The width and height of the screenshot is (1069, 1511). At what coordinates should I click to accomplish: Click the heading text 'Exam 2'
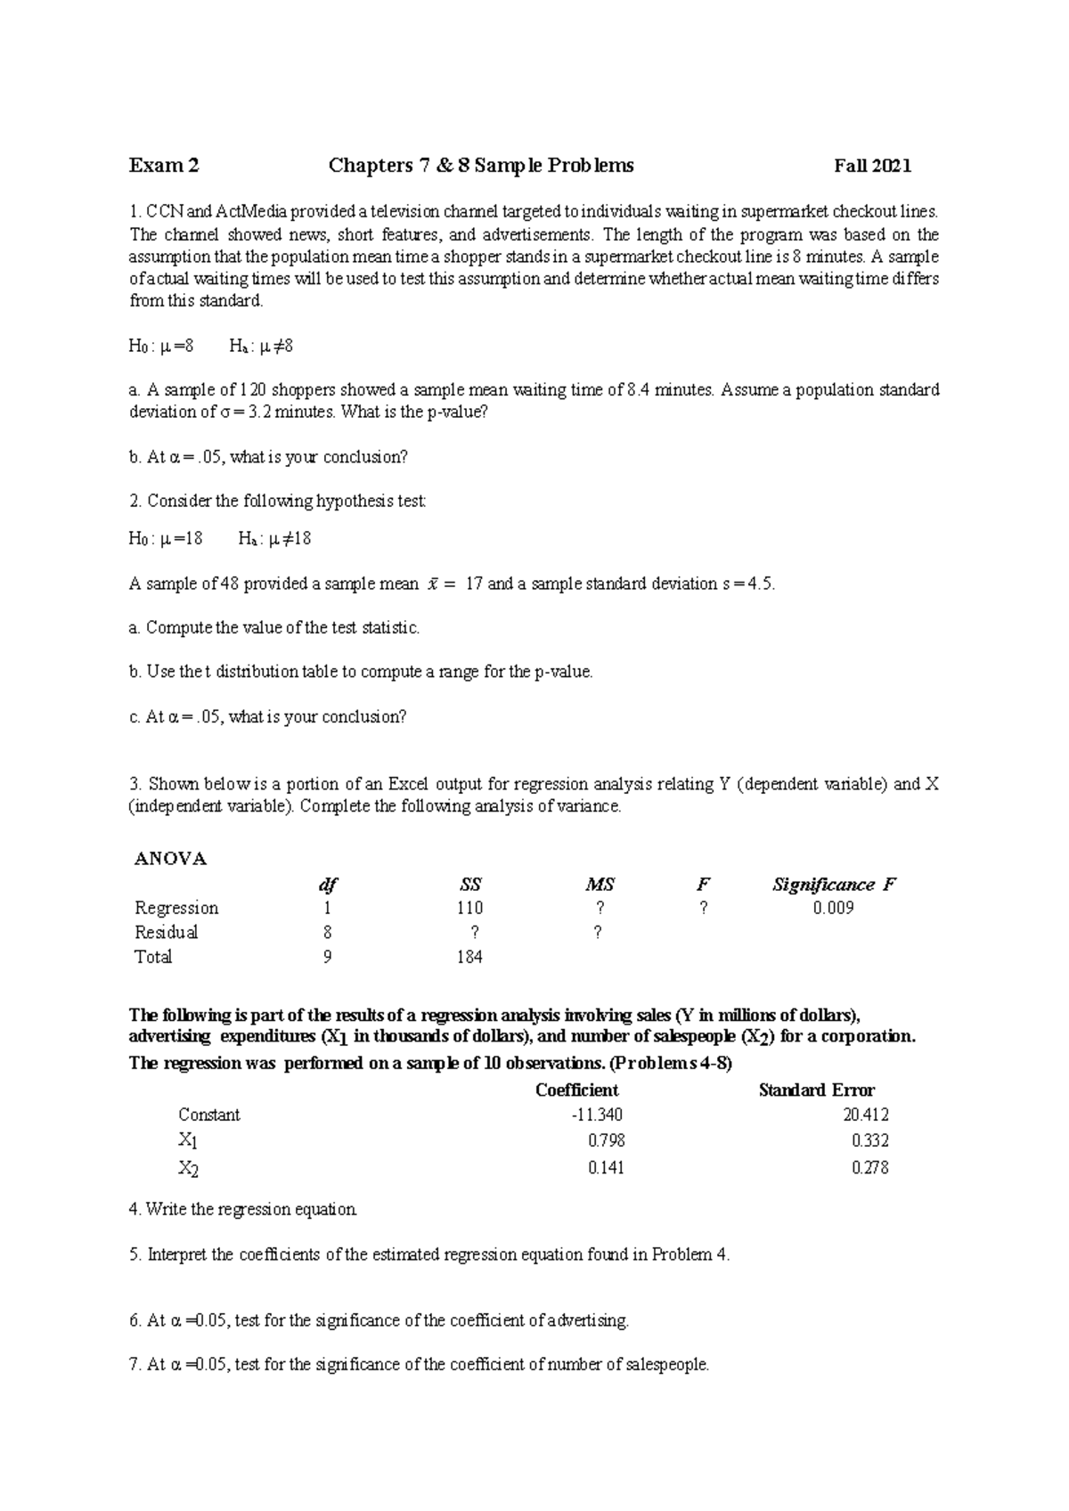click(x=164, y=166)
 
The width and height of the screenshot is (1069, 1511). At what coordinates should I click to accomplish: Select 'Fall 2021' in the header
click(x=872, y=166)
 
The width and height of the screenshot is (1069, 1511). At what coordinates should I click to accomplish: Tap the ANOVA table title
click(x=170, y=859)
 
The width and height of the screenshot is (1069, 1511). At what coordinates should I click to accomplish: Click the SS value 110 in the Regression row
click(x=469, y=908)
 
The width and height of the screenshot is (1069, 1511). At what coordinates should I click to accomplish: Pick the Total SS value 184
click(x=469, y=957)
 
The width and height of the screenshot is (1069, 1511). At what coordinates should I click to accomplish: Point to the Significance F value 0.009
click(x=833, y=908)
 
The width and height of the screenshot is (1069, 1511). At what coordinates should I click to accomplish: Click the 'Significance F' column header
click(x=833, y=885)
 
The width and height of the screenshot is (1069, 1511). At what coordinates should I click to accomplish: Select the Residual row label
click(x=167, y=933)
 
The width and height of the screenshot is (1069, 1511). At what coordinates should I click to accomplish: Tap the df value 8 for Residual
click(x=328, y=933)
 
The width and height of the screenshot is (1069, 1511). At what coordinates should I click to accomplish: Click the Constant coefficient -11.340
click(x=598, y=1115)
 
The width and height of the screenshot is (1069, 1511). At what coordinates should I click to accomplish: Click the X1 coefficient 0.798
click(x=607, y=1140)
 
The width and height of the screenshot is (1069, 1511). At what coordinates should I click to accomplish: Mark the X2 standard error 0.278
click(x=869, y=1168)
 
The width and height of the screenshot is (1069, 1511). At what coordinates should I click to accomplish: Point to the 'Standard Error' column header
click(x=816, y=1090)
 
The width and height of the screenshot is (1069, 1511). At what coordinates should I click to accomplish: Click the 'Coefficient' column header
click(x=576, y=1090)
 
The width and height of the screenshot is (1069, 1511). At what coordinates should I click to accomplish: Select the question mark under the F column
click(x=704, y=908)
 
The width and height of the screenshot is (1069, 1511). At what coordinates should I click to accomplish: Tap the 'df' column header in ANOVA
click(x=328, y=885)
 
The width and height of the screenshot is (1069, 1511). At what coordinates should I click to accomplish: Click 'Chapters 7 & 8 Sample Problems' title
click(x=481, y=166)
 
